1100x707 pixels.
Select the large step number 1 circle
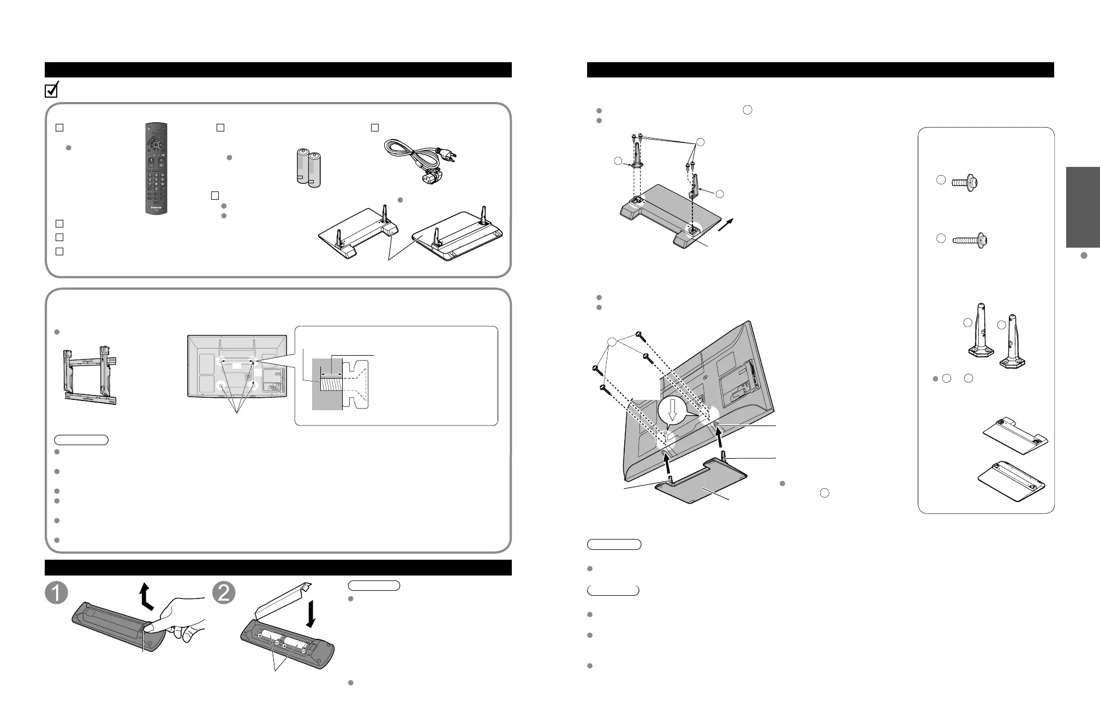(56, 593)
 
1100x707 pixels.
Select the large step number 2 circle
(224, 593)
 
